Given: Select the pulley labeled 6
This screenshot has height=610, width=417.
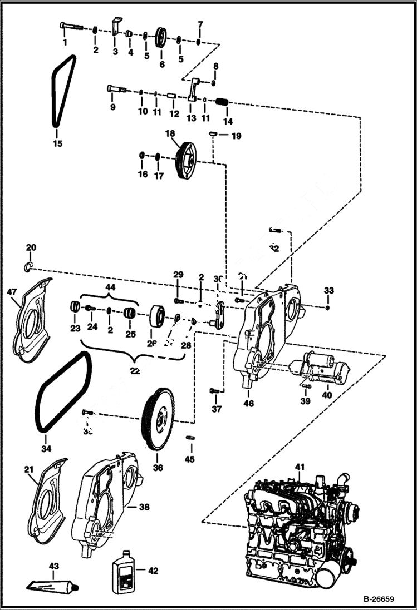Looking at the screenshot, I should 163,39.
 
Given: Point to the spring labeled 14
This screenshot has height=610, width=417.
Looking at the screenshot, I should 223,103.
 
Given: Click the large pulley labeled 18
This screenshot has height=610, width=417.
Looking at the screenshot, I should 185,161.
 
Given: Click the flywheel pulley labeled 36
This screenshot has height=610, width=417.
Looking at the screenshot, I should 158,419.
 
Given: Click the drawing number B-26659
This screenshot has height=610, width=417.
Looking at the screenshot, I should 379,599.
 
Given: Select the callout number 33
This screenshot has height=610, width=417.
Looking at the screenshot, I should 328,290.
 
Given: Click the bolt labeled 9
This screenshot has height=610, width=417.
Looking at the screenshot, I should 115,88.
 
